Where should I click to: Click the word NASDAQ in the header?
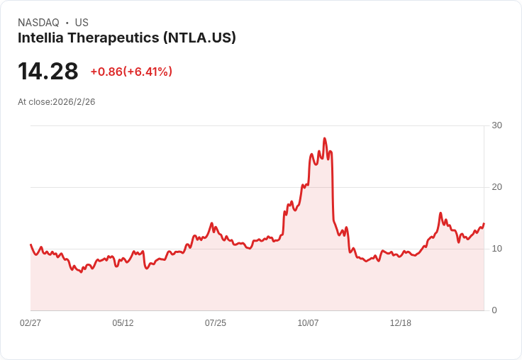38,23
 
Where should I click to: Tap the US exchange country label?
82,23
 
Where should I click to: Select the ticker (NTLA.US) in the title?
199,38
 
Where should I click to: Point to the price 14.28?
48,72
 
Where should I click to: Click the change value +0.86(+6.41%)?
131,72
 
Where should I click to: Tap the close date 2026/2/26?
74,102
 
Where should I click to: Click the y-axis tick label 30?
496,125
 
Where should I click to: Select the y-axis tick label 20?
496,187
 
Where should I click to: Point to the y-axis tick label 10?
496,249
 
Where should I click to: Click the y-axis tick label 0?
494,310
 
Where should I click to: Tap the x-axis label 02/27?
30,323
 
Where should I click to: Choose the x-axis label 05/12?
123,323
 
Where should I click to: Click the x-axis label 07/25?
216,323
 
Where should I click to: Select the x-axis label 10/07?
308,323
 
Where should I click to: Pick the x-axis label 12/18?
401,323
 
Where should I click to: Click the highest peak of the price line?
324,138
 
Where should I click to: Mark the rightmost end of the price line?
484,224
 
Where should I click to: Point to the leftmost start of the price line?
30,244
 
